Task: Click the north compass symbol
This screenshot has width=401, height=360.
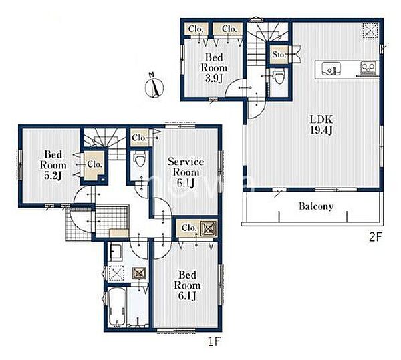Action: [154, 86]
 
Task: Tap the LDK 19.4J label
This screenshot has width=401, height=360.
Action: [321, 125]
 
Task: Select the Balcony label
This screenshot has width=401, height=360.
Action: [316, 206]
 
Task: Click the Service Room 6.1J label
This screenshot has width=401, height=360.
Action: [186, 172]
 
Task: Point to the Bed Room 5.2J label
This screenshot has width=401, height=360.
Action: [53, 165]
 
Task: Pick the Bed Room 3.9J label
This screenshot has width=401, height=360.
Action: [214, 68]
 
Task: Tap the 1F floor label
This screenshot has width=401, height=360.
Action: [214, 341]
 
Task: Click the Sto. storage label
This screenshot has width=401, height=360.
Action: [279, 55]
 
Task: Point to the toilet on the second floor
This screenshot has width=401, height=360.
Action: [279, 77]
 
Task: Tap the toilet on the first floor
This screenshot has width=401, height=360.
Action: [140, 159]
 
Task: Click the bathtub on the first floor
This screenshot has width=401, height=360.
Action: [117, 307]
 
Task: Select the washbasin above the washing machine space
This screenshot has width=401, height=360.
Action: [116, 252]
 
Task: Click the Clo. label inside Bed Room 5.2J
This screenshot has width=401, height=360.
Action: [95, 164]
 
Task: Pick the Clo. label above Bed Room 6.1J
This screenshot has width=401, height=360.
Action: [189, 228]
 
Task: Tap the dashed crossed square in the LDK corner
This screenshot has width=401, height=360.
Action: [370, 31]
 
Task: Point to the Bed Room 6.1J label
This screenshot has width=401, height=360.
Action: [187, 285]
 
